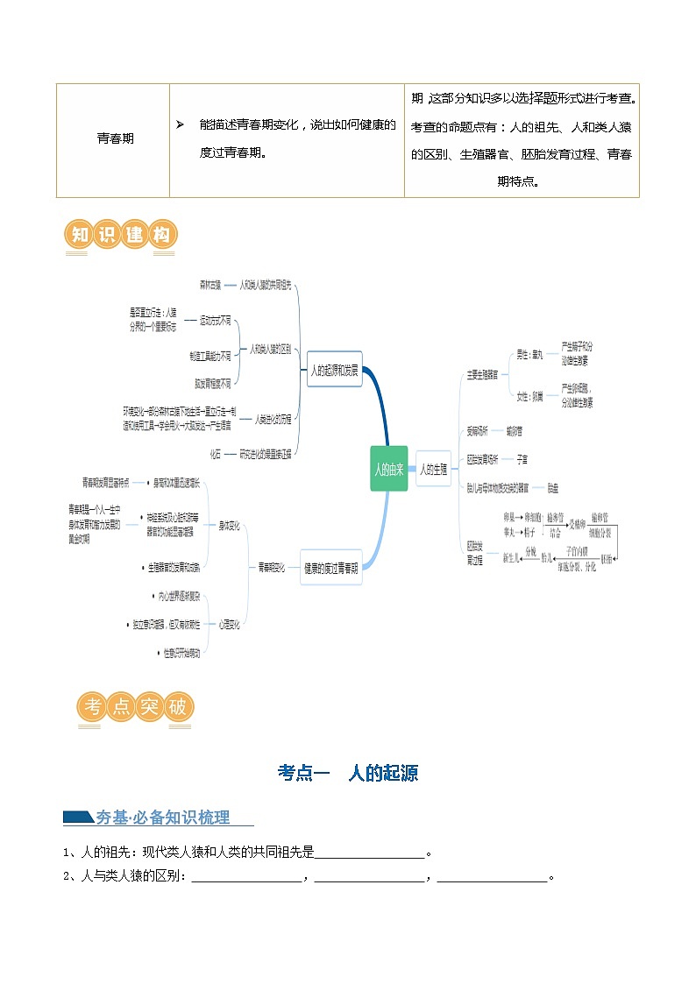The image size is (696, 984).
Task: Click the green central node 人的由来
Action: tap(388, 469)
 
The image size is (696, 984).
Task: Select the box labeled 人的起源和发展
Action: tap(334, 370)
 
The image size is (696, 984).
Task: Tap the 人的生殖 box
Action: tap(433, 469)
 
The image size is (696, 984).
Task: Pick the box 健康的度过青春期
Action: tap(331, 567)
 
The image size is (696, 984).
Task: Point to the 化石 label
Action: tap(216, 453)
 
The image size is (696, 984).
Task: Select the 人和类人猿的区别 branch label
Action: tap(271, 349)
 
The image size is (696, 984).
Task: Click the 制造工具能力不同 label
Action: tap(210, 356)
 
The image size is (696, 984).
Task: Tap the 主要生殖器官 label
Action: tap(483, 374)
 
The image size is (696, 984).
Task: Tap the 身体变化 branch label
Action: tap(230, 526)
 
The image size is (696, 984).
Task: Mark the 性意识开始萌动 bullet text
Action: tap(181, 653)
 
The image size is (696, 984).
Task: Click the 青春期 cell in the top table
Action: tap(115, 138)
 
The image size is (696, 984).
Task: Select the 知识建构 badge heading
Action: tap(121, 236)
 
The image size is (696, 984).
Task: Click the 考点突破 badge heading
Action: tap(136, 706)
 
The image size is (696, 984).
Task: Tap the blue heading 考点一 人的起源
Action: tap(348, 773)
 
